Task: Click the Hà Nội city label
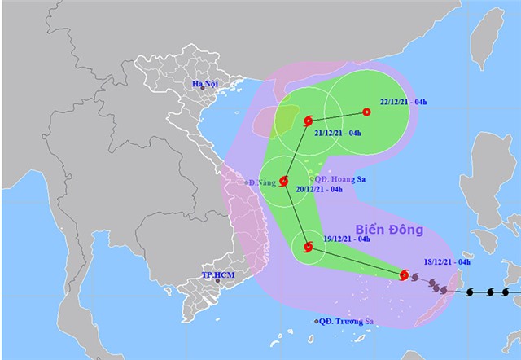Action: (x=204, y=85)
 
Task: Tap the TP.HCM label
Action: (x=218, y=276)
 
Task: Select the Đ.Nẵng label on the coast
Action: (x=262, y=182)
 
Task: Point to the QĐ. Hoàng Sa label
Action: (x=339, y=178)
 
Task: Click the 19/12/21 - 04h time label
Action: (x=346, y=239)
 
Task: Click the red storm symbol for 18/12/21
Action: (x=405, y=275)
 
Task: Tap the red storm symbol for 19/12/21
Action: (x=307, y=248)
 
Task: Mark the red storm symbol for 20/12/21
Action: (x=284, y=181)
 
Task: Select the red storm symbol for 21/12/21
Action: (x=308, y=121)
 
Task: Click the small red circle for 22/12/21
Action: (x=366, y=112)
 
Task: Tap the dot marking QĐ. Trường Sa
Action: (x=316, y=322)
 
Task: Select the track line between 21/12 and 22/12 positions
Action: (x=337, y=116)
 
